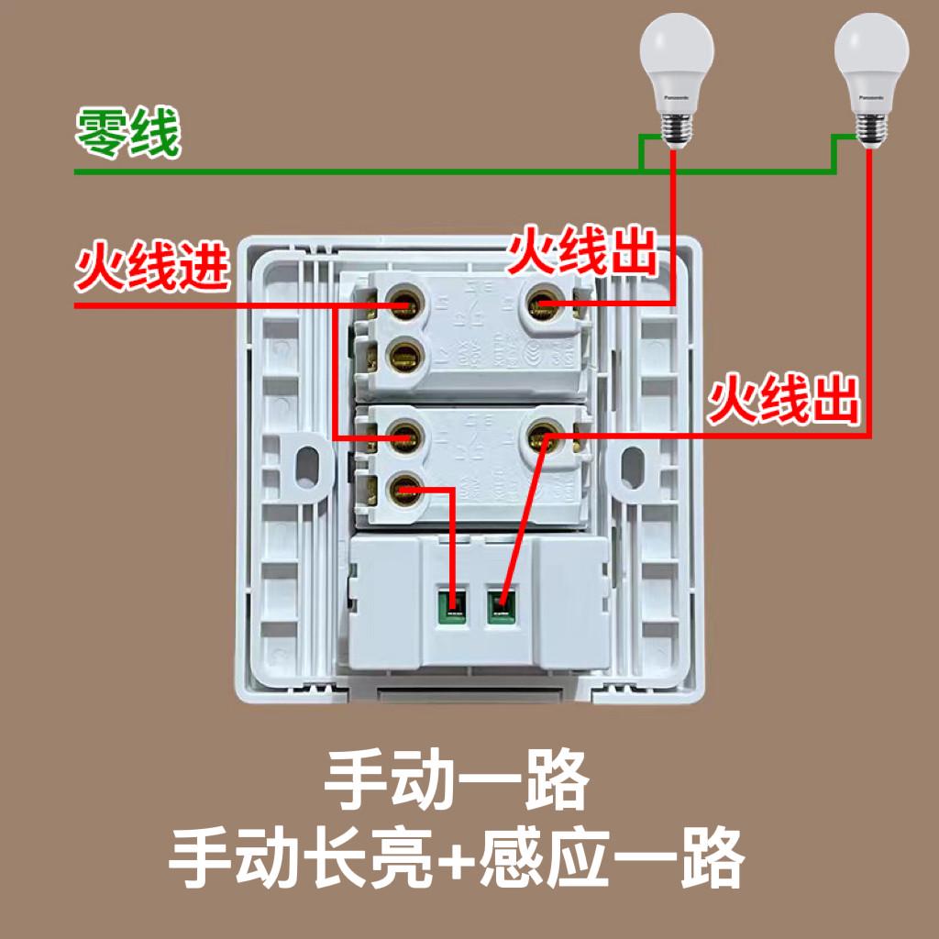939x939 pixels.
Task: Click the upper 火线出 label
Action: point(583,253)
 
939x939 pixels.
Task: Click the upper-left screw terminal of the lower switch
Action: point(403,436)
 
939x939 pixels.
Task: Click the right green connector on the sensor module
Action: point(501,603)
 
